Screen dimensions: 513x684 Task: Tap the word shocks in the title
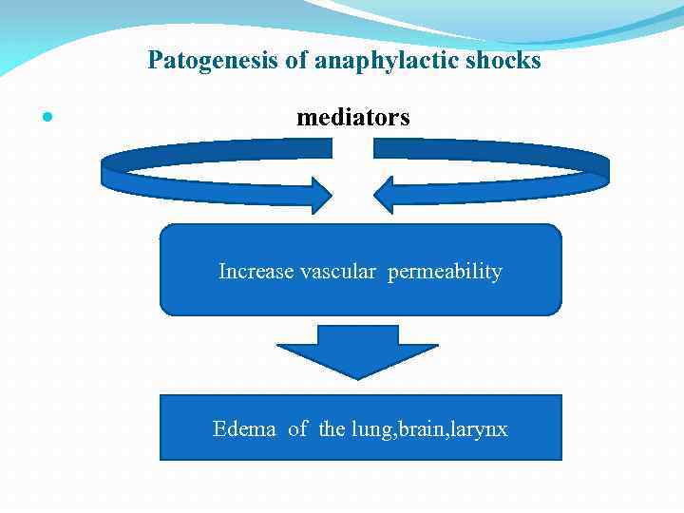point(506,61)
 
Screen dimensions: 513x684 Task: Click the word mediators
point(353,118)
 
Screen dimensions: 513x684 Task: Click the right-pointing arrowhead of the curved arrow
point(319,196)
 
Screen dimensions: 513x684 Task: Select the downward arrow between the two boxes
point(357,351)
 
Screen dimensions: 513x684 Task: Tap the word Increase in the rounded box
point(256,272)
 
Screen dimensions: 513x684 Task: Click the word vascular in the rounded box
point(339,272)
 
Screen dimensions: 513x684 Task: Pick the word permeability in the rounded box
point(445,272)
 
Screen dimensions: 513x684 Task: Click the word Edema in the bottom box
point(244,429)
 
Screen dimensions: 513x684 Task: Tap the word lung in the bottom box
point(369,430)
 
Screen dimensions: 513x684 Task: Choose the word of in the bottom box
point(297,429)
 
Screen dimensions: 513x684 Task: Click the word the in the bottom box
point(332,429)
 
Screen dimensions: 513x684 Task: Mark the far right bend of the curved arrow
point(605,169)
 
